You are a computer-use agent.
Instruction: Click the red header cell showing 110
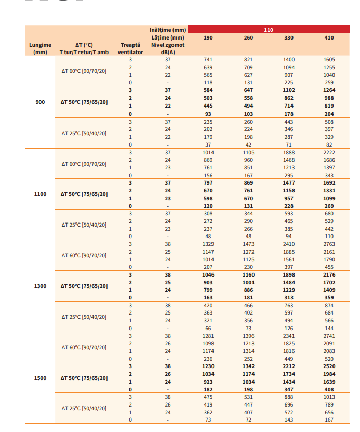268,30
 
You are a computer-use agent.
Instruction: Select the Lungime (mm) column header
40,48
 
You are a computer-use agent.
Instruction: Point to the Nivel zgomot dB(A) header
167,48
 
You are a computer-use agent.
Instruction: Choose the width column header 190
208,37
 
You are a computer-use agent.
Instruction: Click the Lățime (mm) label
167,37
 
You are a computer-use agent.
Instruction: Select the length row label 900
40,102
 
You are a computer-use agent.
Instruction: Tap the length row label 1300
40,286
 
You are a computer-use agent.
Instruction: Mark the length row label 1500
40,378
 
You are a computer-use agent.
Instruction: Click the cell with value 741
208,60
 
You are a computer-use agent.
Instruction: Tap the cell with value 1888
289,152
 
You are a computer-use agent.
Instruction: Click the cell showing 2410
289,244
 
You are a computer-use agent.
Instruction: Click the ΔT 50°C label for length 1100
84,194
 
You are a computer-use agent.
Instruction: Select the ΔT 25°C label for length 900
84,133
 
